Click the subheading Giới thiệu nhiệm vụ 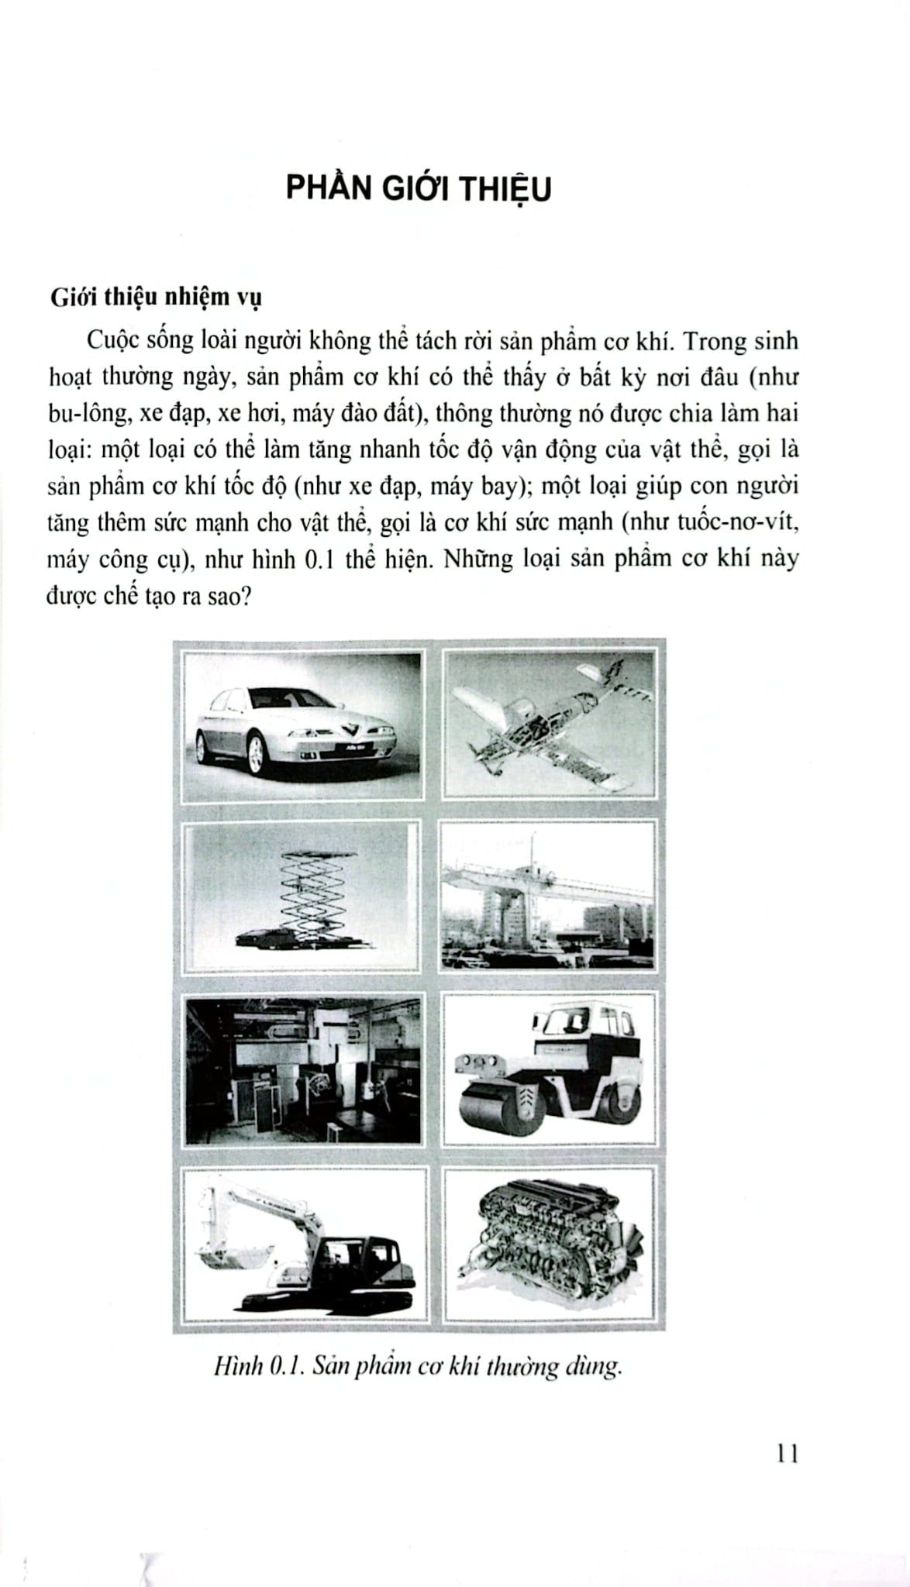coord(155,298)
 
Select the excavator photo coord(303,1244)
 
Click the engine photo coord(550,1244)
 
